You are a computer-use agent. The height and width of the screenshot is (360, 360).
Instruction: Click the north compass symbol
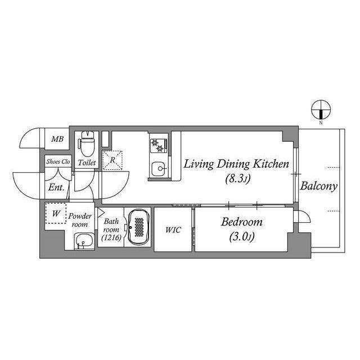pyautogui.click(x=321, y=110)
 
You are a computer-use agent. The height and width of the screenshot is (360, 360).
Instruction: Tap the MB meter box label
pyautogui.click(x=57, y=139)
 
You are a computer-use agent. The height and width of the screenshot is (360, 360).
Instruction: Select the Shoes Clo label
pyautogui.click(x=58, y=161)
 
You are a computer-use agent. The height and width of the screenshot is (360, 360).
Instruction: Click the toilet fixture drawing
pyautogui.click(x=87, y=143)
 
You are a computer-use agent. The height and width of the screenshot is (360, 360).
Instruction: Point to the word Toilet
pyautogui.click(x=87, y=163)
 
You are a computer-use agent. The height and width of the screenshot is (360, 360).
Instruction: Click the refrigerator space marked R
pyautogui.click(x=112, y=160)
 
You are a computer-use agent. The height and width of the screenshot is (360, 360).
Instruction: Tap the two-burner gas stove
pyautogui.click(x=158, y=146)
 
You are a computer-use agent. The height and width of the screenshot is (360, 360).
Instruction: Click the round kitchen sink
pyautogui.click(x=159, y=168)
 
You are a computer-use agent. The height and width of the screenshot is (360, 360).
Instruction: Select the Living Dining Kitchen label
pyautogui.click(x=236, y=164)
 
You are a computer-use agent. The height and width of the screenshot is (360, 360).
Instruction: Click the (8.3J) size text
pyautogui.click(x=237, y=178)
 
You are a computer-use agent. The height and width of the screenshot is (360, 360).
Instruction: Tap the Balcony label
pyautogui.click(x=319, y=186)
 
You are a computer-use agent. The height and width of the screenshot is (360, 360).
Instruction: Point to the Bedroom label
pyautogui.click(x=241, y=222)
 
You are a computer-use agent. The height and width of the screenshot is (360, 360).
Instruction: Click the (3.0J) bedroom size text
pyautogui.click(x=242, y=237)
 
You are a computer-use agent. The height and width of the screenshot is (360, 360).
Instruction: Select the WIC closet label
pyautogui.click(x=173, y=230)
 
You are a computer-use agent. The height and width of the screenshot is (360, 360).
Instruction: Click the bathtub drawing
pyautogui.click(x=139, y=227)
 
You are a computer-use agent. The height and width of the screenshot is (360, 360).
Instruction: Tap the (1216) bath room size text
pyautogui.click(x=111, y=237)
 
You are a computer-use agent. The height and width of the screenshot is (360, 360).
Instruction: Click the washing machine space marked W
pyautogui.click(x=56, y=213)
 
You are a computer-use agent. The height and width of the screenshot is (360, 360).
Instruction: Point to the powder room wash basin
pyautogui.click(x=84, y=241)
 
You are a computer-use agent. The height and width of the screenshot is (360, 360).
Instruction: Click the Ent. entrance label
pyautogui.click(x=56, y=187)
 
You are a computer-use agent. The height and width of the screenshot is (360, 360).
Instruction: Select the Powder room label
pyautogui.click(x=80, y=220)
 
